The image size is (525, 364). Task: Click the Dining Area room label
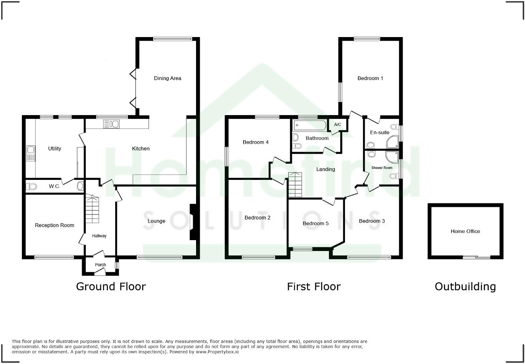click(x=167, y=78)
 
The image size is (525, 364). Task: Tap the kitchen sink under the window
click(x=111, y=124)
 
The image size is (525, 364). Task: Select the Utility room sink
click(x=30, y=154)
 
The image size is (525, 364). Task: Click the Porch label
click(x=101, y=265)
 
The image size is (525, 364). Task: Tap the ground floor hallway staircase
click(x=92, y=209)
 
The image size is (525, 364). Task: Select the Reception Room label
click(x=54, y=225)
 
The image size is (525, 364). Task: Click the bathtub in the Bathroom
click(x=310, y=125)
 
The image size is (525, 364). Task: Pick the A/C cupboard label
click(x=337, y=125)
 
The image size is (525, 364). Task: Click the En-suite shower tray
click(x=392, y=142)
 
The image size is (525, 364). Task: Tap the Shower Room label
click(x=382, y=168)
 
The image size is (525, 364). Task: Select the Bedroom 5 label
click(x=316, y=223)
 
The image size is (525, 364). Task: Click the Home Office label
click(x=465, y=231)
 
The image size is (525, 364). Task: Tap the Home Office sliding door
click(x=477, y=257)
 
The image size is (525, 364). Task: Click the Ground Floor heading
click(x=111, y=286)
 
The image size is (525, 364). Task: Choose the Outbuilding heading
click(x=465, y=286)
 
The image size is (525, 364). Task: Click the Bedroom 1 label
click(x=370, y=78)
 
